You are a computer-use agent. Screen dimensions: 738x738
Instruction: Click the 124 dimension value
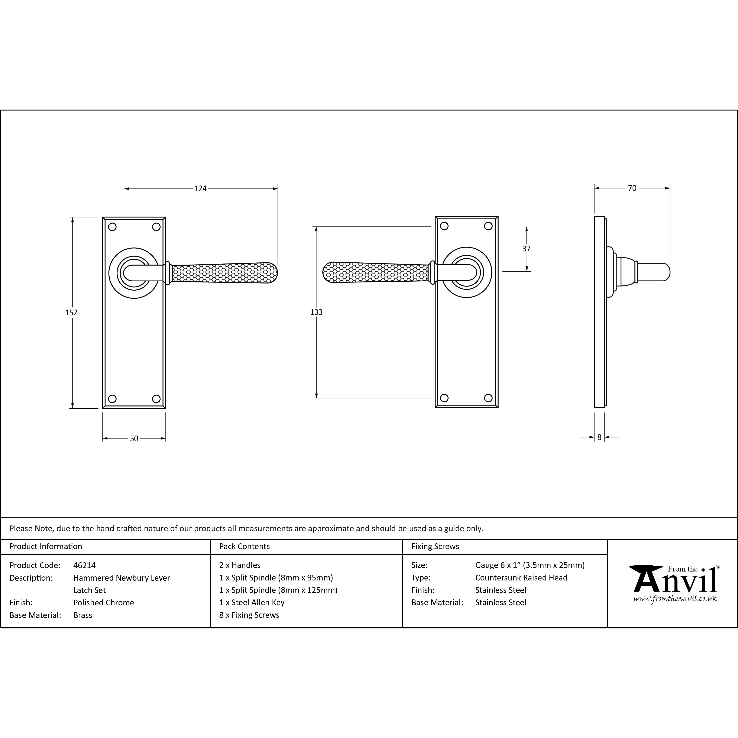pyautogui.click(x=200, y=188)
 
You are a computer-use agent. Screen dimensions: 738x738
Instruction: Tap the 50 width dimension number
pyautogui.click(x=134, y=438)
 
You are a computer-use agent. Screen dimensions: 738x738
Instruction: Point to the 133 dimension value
pyautogui.click(x=316, y=312)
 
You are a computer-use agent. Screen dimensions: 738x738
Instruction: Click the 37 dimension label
pyautogui.click(x=526, y=249)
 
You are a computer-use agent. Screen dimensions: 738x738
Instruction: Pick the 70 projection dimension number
pyautogui.click(x=632, y=188)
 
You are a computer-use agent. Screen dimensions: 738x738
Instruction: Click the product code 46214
pyautogui.click(x=84, y=565)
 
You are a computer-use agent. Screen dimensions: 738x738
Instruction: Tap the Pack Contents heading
pyautogui.click(x=245, y=546)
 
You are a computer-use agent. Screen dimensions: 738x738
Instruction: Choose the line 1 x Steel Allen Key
pyautogui.click(x=252, y=602)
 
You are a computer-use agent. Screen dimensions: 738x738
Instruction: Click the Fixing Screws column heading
pyautogui.click(x=435, y=546)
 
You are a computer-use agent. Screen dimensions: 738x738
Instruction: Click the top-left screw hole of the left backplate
pyautogui.click(x=112, y=227)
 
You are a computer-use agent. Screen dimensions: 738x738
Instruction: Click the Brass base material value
pyautogui.click(x=82, y=615)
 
